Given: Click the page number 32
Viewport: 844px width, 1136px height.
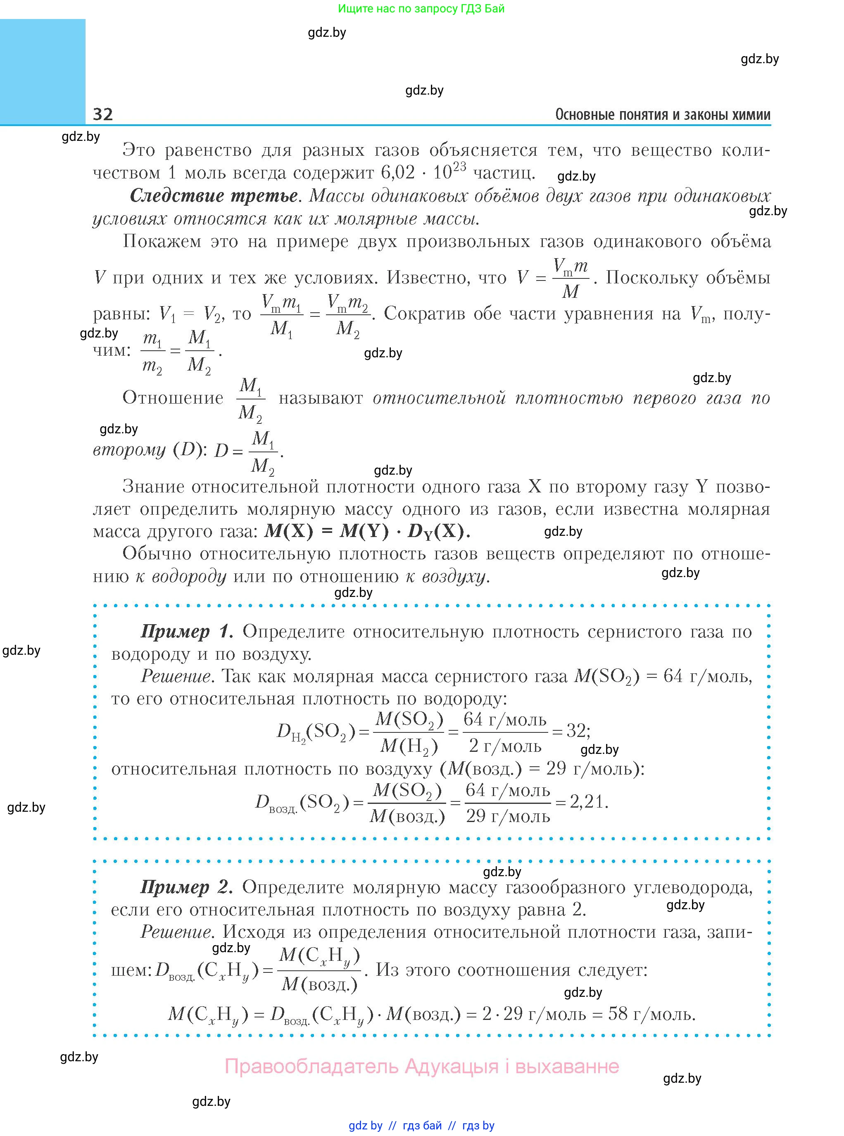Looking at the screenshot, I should tap(103, 114).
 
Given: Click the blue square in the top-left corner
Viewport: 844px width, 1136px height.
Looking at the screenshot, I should tap(43, 71).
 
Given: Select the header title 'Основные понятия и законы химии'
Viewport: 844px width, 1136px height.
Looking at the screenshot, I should tap(663, 114).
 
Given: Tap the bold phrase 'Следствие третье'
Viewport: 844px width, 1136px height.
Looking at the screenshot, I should tap(214, 196).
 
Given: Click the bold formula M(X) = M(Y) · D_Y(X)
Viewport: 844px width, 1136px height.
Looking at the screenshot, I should tap(367, 532).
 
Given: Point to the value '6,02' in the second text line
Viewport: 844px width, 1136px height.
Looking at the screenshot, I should tap(398, 173).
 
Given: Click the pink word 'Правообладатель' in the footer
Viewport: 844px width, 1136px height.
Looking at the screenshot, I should tap(311, 1067).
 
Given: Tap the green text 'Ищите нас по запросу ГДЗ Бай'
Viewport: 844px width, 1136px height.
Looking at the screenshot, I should tap(421, 9).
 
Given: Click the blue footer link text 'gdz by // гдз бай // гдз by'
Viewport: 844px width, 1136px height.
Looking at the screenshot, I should tap(421, 1125).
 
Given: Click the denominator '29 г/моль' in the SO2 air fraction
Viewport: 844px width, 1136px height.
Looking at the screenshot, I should tap(508, 816).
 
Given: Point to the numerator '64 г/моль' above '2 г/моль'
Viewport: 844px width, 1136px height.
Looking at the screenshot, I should tap(505, 719).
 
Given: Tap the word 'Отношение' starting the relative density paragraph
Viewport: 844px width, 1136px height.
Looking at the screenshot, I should tap(173, 397).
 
